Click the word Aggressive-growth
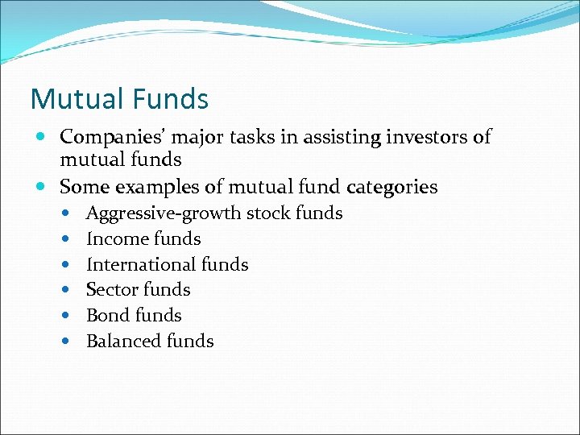[x=164, y=213]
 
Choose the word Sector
[x=111, y=290]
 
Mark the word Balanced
[x=118, y=342]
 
